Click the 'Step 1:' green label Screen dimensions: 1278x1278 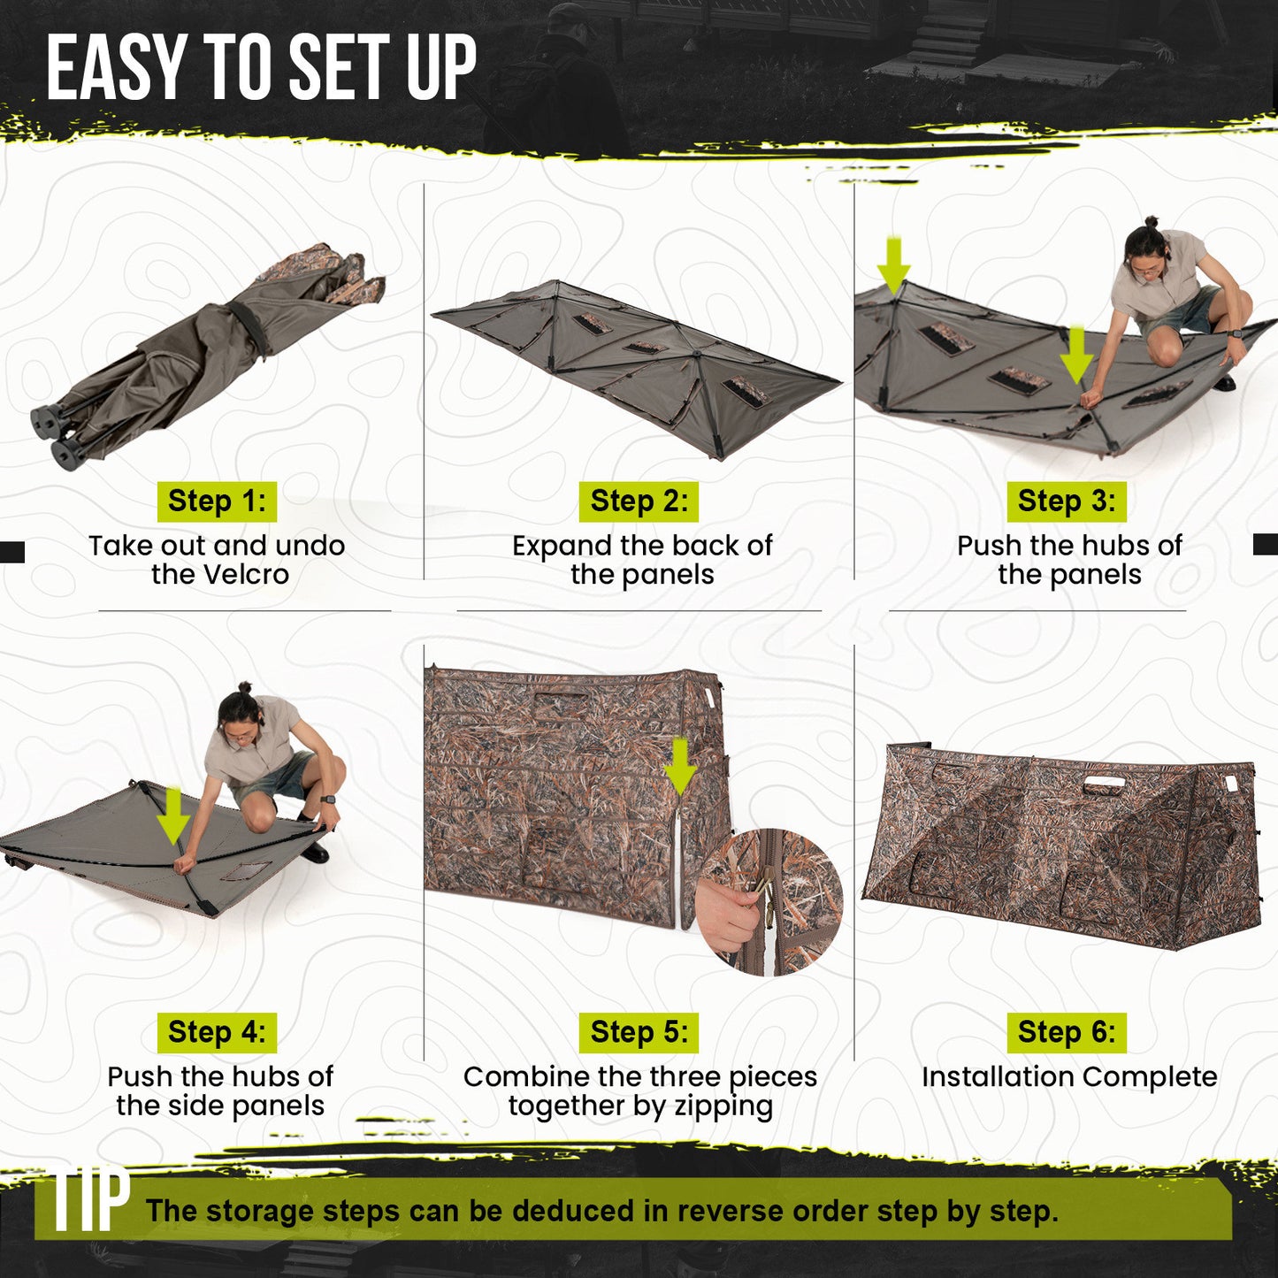point(217,501)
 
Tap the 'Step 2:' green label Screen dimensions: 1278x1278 point(639,501)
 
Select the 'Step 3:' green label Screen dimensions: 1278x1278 point(1067,501)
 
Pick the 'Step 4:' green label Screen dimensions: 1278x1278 point(217,1032)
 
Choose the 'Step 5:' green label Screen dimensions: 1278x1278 point(639,1032)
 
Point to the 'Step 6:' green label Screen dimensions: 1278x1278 point(1067,1032)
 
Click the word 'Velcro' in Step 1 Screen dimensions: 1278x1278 point(246,575)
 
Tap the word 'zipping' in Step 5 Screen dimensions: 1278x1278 point(723,1106)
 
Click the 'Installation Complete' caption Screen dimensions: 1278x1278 point(1069,1077)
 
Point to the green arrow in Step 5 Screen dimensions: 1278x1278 point(680,767)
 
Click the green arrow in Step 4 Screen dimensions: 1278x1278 point(173,815)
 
